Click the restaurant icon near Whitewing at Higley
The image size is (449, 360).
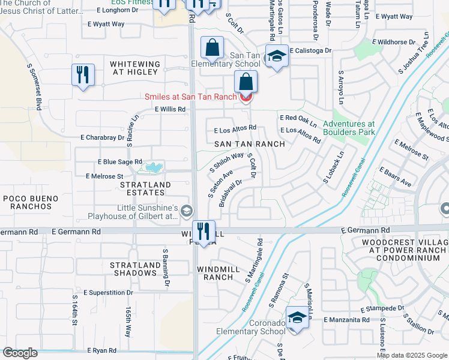(x=82, y=76)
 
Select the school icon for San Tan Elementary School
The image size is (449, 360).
(x=276, y=56)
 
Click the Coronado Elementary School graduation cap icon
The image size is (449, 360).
(x=297, y=317)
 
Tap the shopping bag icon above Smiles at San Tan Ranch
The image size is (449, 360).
(x=246, y=81)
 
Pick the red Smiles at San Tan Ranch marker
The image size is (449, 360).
(x=246, y=97)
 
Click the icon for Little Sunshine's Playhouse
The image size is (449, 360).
(x=187, y=210)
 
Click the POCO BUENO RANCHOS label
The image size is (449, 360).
(x=31, y=202)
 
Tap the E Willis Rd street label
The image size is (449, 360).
(x=170, y=109)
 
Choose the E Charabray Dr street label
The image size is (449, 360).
(x=103, y=137)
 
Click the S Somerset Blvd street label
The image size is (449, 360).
(x=34, y=86)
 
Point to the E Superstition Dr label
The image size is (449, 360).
(x=109, y=292)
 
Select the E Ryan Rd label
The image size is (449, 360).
(x=101, y=350)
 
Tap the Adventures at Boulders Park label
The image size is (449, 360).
(x=349, y=128)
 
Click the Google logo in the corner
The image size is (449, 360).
(x=20, y=353)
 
